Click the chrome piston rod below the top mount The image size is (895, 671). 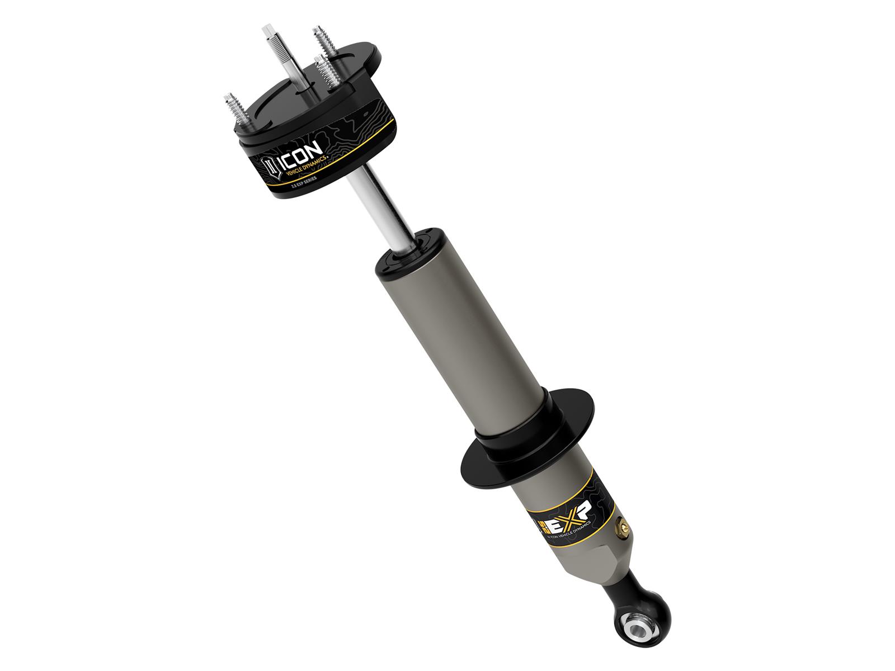click(376, 212)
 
